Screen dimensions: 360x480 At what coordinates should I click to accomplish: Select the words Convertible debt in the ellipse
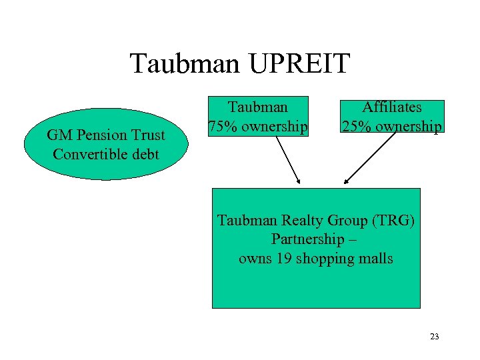(x=106, y=154)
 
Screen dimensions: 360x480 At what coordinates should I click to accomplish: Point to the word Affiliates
(x=391, y=107)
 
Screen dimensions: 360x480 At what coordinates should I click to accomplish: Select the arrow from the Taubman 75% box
(x=287, y=159)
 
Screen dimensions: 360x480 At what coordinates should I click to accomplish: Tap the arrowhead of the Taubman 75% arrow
(x=299, y=181)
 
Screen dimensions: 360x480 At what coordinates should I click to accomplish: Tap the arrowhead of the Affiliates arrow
(x=346, y=181)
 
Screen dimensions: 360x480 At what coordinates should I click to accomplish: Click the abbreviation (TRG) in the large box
(x=393, y=221)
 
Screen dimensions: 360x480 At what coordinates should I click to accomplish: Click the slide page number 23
(x=434, y=337)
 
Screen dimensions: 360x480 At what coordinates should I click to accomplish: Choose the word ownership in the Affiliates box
(x=407, y=125)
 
